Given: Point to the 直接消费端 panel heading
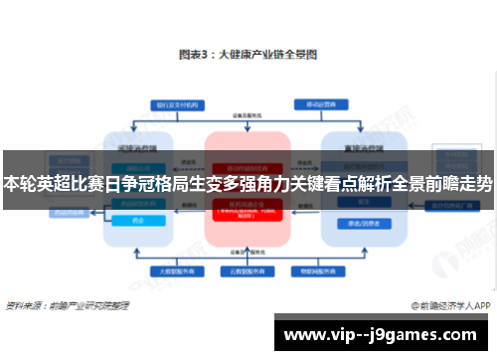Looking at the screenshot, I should (x=358, y=144).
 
